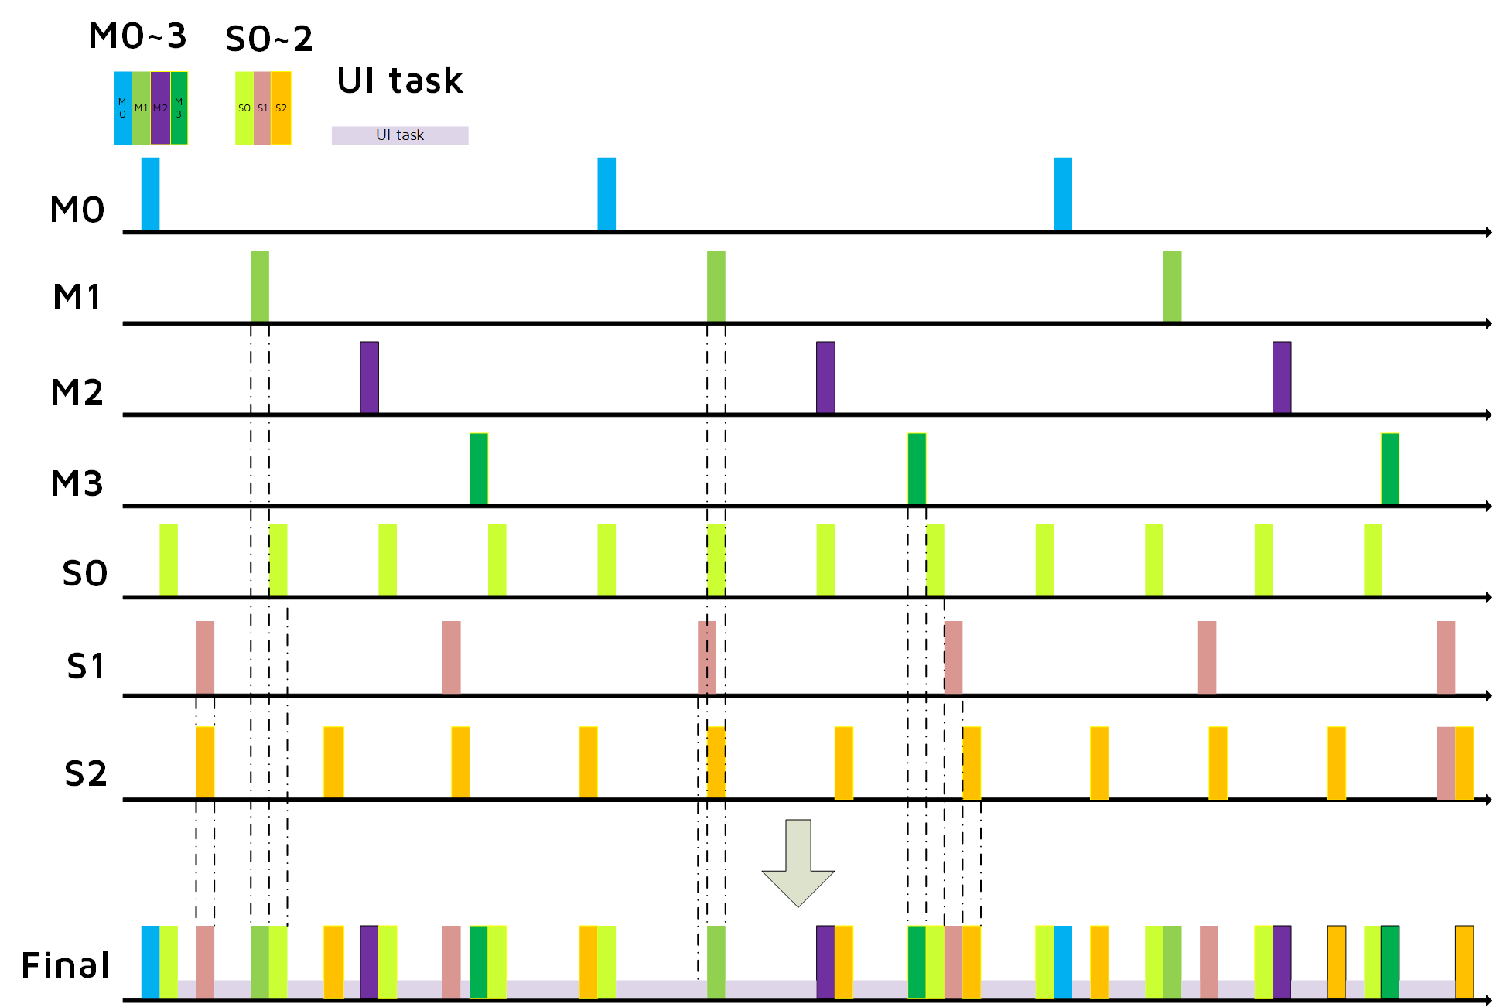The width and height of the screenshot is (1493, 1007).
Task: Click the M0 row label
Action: [x=77, y=210]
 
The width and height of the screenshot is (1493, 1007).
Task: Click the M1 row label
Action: [x=77, y=297]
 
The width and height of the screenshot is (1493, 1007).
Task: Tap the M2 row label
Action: [x=77, y=392]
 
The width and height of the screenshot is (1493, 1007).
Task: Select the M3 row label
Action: [x=77, y=483]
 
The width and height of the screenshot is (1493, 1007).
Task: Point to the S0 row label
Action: [x=85, y=574]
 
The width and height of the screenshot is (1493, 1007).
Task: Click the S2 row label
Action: [x=85, y=773]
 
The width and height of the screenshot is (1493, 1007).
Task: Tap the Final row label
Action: [x=66, y=965]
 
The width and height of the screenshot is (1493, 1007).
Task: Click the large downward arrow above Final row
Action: [x=798, y=863]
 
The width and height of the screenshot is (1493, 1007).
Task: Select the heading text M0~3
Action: [x=138, y=36]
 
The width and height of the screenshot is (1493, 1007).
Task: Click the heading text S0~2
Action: [x=269, y=39]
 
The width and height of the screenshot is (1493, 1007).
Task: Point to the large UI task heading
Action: [x=400, y=80]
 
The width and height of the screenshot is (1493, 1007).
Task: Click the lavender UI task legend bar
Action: [x=400, y=135]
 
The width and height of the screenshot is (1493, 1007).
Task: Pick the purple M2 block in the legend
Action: [x=160, y=108]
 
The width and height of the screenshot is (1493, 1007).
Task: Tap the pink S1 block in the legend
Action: [x=262, y=108]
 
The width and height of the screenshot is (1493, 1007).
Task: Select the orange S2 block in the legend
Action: [x=281, y=108]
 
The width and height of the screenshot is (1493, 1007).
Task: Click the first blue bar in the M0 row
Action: [x=151, y=194]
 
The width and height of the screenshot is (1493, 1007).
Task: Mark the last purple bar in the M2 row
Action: [x=1282, y=377]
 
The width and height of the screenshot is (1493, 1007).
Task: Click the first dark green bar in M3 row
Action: [x=479, y=469]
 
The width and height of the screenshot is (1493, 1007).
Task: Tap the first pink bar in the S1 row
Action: [x=205, y=657]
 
